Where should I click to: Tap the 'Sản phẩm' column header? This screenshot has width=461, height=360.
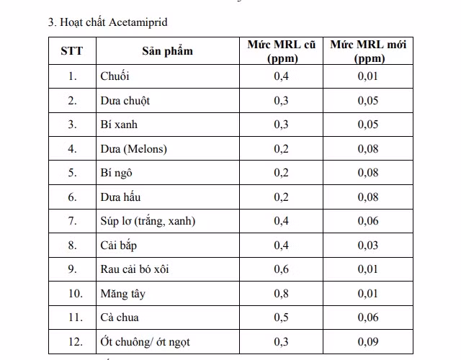click(167, 51)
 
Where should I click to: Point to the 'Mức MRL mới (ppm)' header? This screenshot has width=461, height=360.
click(368, 51)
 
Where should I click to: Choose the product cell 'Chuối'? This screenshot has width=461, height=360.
click(115, 76)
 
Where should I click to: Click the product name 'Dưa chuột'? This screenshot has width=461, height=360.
click(125, 101)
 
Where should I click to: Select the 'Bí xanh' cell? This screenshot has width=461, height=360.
click(119, 125)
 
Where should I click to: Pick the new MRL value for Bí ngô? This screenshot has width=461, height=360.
click(368, 173)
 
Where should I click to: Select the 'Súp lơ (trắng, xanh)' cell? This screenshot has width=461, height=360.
click(148, 221)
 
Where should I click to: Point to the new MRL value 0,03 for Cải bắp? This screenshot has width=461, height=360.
click(368, 246)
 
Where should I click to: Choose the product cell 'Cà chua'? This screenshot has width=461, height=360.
click(120, 318)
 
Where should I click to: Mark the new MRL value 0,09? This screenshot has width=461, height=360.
click(368, 342)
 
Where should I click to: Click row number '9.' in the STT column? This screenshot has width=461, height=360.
click(72, 269)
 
